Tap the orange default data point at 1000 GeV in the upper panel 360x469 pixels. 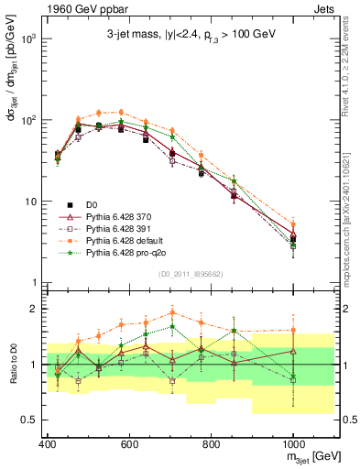293,224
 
